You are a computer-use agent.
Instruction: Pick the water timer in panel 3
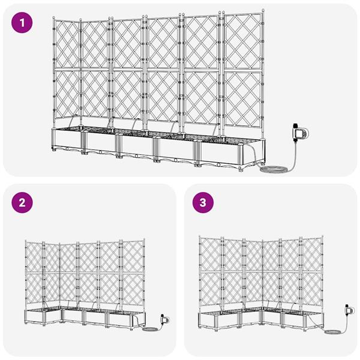(x=346, y=310)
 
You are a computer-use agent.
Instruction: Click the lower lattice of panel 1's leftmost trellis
(x=66, y=96)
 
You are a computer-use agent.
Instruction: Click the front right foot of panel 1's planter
(x=241, y=170)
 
